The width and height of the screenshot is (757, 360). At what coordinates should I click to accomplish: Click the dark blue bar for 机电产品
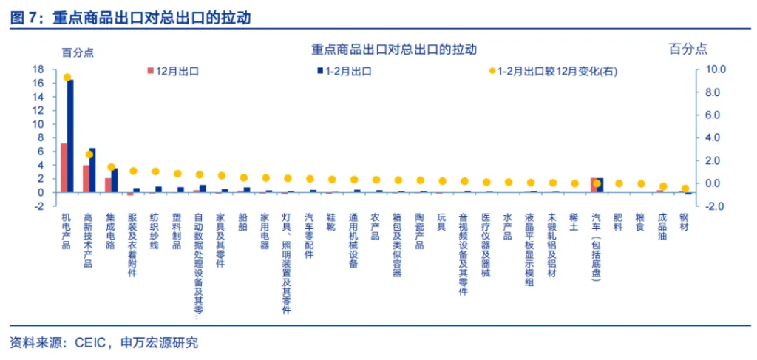[70, 136]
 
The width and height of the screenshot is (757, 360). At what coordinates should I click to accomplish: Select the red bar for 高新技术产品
[86, 179]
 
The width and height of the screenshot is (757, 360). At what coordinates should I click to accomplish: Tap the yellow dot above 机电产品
[67, 78]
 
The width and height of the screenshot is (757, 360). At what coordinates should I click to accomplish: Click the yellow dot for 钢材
[685, 189]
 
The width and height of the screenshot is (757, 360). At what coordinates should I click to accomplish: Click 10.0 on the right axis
[718, 69]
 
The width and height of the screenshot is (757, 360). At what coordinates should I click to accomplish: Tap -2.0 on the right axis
[718, 206]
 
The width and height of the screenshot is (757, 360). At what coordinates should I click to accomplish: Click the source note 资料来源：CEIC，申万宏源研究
[104, 343]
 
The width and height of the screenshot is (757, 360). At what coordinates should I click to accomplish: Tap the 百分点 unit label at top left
[78, 52]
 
